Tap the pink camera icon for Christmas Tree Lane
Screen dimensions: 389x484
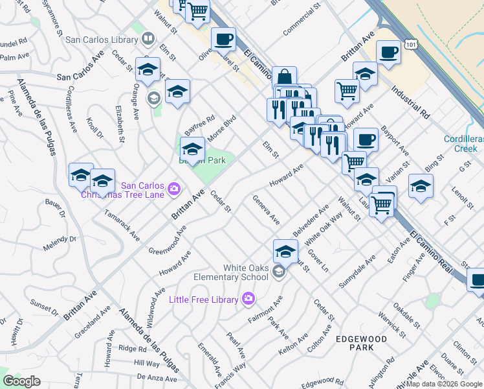(x=174, y=189)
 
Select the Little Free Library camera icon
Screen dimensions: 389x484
(x=248, y=298)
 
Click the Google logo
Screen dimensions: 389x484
(x=21, y=381)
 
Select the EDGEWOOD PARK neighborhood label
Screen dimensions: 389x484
(x=361, y=343)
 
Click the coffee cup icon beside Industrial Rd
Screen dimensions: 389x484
(x=389, y=53)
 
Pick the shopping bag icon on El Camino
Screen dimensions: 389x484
(x=284, y=78)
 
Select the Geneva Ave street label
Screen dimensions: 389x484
(x=266, y=210)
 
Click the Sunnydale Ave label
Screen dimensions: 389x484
(x=357, y=274)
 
